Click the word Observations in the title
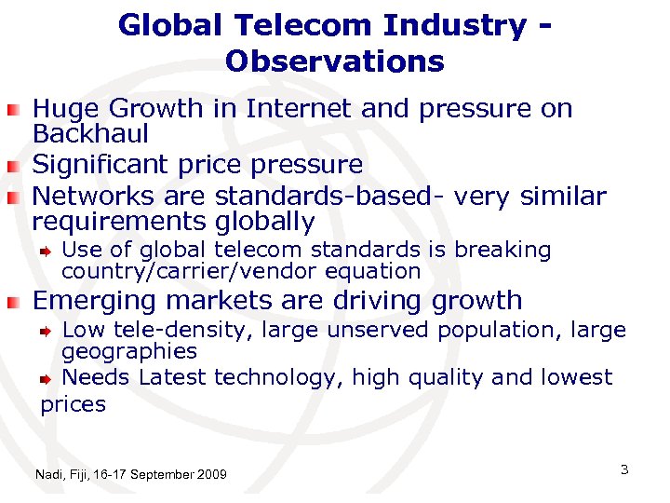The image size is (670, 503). click(x=334, y=61)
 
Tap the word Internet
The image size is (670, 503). click(x=299, y=109)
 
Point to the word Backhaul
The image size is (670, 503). click(x=90, y=133)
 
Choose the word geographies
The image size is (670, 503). click(x=129, y=351)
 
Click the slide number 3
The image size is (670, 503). click(x=624, y=469)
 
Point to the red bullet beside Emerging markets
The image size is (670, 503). click(x=12, y=303)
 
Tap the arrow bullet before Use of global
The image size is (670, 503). click(x=46, y=251)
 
